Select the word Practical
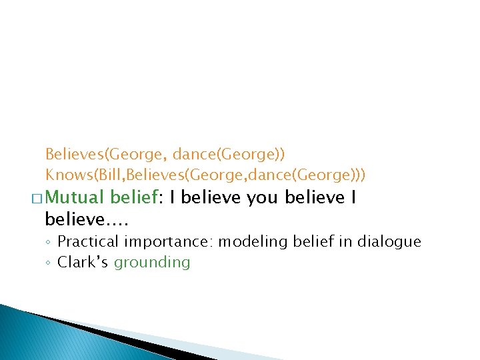pos(87,241)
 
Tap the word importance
pos(167,241)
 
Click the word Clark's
pos(84,262)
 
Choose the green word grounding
pos(152,263)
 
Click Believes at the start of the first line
pos(74,154)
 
